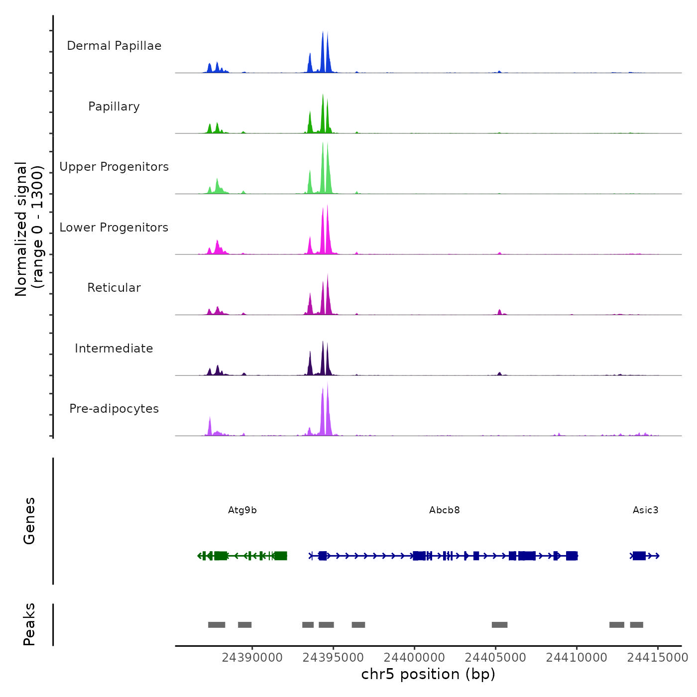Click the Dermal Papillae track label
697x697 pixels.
pos(114,46)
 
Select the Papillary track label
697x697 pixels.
pos(114,107)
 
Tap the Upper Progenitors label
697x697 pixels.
pos(114,167)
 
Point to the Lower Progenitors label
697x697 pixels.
pos(114,228)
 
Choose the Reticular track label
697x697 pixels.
pos(114,288)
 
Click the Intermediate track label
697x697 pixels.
pos(114,348)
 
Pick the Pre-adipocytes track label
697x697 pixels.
pos(114,409)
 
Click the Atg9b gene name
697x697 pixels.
pos(242,510)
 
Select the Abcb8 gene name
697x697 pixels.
pos(445,510)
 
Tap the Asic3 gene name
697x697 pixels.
pos(645,510)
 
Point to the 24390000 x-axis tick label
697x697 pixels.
pos(252,658)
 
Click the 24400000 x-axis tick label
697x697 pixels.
pos(414,658)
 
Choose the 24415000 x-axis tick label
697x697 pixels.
pos(658,658)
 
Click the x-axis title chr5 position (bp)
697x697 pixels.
pos(428,674)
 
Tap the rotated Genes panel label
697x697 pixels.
pos(29,521)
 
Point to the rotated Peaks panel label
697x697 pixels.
pos(29,624)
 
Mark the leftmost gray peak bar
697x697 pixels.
pos(217,625)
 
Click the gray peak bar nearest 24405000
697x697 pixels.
pos(499,625)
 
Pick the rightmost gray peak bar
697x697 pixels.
pos(636,625)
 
